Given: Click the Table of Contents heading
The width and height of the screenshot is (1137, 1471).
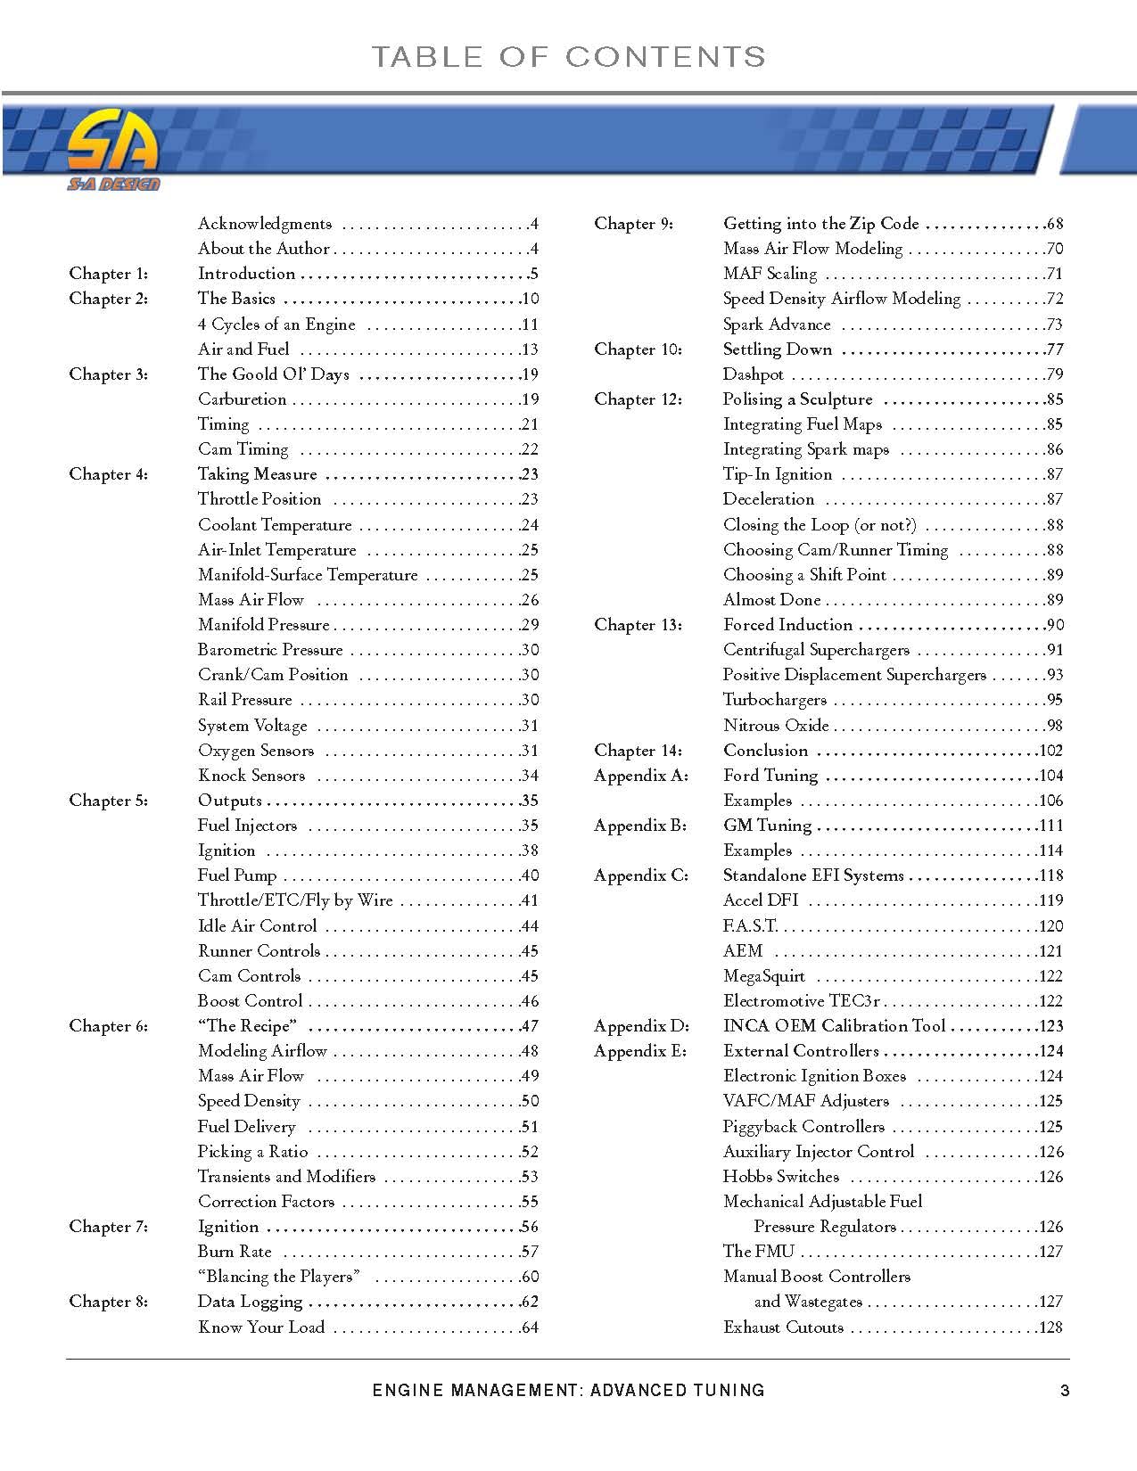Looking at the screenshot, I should coord(568,57).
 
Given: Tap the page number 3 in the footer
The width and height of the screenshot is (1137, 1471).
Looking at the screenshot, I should coord(1064,1390).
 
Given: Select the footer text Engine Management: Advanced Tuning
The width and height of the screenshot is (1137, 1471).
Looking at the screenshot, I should coord(568,1390).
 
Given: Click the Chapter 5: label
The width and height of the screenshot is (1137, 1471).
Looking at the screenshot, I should coord(109,801).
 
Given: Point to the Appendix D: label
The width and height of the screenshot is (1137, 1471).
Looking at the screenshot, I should coord(641,1026).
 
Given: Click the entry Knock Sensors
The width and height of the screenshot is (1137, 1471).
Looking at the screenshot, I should coord(251,776).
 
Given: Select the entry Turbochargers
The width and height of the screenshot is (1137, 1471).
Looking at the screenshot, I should coord(774,700).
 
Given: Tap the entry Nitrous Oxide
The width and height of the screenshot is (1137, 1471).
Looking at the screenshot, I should coord(776,726).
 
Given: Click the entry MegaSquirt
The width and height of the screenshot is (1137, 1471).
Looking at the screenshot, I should coord(764,976).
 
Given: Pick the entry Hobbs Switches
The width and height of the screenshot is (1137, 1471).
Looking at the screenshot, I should coord(781,1177).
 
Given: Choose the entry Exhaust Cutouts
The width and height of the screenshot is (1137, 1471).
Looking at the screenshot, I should coord(783,1327).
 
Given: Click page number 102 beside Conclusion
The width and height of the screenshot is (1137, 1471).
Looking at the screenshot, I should coord(1050,751).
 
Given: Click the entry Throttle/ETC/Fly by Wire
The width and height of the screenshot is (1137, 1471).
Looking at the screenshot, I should coord(295,900).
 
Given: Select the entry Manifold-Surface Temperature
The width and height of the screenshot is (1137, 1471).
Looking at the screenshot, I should coord(308,575).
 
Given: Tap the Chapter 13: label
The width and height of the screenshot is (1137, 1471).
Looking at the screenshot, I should coord(638,625).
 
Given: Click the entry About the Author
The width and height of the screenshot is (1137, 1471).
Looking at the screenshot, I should coord(264,249).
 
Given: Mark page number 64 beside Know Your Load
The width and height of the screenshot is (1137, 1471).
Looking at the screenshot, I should coord(530,1327).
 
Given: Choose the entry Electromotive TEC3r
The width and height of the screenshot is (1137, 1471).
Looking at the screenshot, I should coord(802,1001).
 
